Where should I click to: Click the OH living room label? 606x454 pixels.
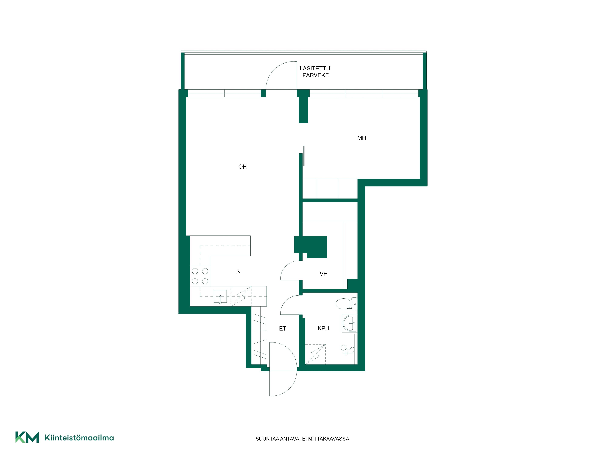(242, 167)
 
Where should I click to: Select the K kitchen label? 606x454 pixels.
(238, 271)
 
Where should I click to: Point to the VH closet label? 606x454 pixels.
(324, 274)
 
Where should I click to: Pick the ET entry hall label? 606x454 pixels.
(282, 329)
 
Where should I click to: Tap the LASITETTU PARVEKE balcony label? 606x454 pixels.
(315, 72)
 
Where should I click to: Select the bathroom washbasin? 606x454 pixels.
(349, 323)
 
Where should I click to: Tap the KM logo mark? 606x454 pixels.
(27, 437)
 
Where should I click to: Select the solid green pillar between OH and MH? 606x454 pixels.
(303, 107)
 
